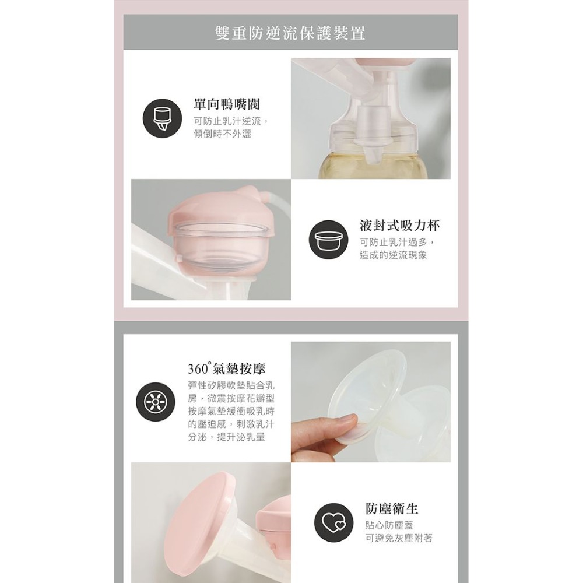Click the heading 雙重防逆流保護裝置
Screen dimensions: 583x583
point(290,32)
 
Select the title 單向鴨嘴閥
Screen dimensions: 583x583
point(227,105)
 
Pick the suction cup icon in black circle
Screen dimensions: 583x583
point(327,239)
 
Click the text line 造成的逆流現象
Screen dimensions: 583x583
point(394,255)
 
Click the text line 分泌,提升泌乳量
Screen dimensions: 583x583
point(226,437)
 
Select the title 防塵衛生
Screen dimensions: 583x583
point(392,508)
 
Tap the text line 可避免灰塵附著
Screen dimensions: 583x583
point(399,538)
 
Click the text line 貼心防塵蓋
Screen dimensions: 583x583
point(391,525)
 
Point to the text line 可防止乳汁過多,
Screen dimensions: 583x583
point(398,243)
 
